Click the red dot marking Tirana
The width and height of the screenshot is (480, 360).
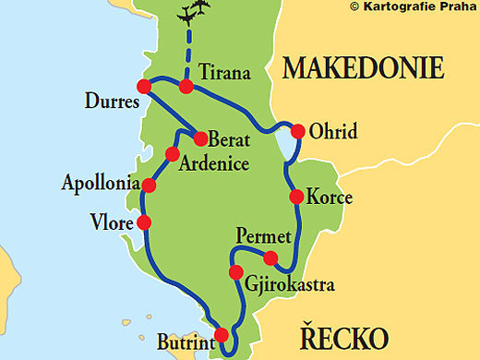click(x=186, y=87)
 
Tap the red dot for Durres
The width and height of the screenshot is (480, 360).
click(x=143, y=86)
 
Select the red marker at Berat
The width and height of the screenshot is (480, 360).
click(x=199, y=139)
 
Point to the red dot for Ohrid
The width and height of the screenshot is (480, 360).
click(x=297, y=129)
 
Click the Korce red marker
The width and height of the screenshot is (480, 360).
click(x=296, y=197)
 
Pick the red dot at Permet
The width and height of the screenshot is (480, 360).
click(x=270, y=257)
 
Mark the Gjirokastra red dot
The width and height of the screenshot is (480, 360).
click(x=236, y=272)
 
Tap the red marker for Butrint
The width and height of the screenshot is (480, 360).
click(x=222, y=335)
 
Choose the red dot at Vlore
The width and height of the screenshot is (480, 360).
click(x=143, y=222)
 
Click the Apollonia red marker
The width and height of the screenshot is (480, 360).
click(x=149, y=186)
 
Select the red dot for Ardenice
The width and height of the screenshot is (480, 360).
click(x=171, y=154)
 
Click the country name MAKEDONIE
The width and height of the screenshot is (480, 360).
click(x=364, y=68)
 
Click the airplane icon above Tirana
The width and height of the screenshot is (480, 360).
click(x=193, y=13)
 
